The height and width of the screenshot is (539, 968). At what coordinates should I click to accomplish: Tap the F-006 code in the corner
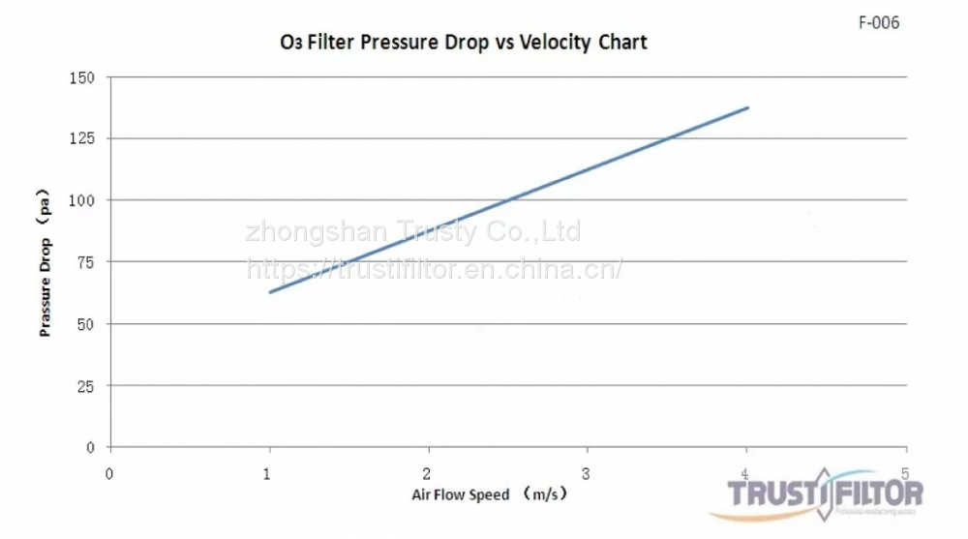pyautogui.click(x=879, y=22)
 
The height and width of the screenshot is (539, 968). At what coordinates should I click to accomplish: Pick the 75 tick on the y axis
pyautogui.click(x=86, y=262)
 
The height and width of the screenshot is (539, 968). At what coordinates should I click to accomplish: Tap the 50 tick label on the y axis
pyautogui.click(x=86, y=324)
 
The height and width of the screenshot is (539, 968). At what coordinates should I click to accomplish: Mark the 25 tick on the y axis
pyautogui.click(x=86, y=386)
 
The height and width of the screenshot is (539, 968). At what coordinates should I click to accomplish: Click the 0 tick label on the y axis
pyautogui.click(x=90, y=447)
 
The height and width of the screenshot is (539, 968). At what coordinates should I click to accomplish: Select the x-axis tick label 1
pyautogui.click(x=268, y=472)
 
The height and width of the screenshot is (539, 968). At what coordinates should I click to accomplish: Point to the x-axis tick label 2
pyautogui.click(x=427, y=472)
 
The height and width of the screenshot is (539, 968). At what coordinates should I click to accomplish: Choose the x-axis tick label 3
pyautogui.click(x=586, y=472)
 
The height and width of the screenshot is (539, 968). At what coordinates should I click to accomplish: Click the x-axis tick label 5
pyautogui.click(x=904, y=472)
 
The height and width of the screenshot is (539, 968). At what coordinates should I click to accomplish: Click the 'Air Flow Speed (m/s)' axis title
pyautogui.click(x=489, y=494)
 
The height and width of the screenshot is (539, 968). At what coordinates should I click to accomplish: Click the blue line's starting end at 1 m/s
pyautogui.click(x=270, y=291)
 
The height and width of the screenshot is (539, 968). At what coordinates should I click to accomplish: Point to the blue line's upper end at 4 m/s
pyautogui.click(x=747, y=107)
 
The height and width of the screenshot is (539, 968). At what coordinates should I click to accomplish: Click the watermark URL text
pyautogui.click(x=435, y=269)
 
